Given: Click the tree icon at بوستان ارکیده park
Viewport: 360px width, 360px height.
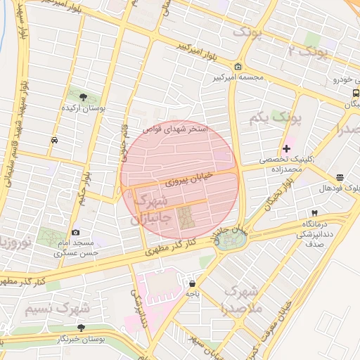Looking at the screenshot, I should pos(84,96).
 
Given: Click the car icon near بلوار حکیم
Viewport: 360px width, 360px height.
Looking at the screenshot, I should pos(54,140).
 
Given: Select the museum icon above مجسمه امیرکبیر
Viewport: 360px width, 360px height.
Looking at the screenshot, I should pos(239,67).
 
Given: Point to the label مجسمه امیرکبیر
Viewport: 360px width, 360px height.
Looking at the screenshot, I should pos(239,77).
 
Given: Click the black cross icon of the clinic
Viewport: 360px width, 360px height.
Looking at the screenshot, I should pos(286,149).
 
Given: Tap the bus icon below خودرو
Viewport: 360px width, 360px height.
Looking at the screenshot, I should pos(356,92).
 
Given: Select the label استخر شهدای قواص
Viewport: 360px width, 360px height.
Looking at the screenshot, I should pos(175,129).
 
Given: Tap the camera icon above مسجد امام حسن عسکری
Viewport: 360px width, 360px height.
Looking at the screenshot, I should pos(75,232).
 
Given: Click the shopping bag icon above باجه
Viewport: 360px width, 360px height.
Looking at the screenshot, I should pos(192,284).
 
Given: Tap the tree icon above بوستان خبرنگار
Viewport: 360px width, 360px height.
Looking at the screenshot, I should pos(81,328).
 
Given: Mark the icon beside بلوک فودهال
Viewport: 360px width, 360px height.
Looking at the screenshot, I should pos(340,177).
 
